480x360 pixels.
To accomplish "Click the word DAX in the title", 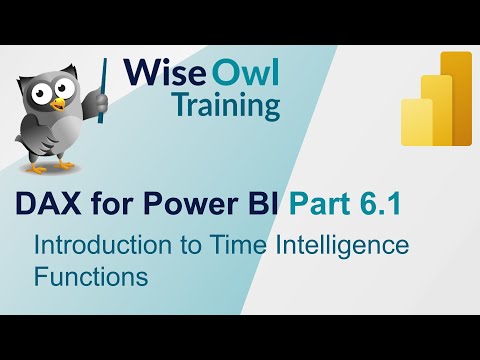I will tap(46, 205).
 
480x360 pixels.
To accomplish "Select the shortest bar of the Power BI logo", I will tap(416, 123).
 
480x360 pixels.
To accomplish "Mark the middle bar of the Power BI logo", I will tap(436, 111).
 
